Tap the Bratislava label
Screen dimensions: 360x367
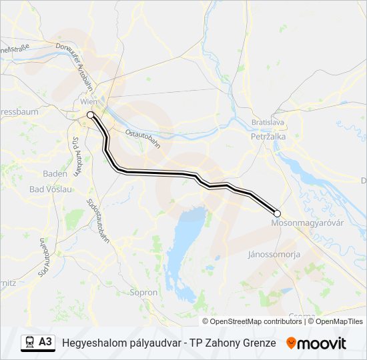click(268, 123)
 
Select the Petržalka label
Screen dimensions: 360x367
click(268, 137)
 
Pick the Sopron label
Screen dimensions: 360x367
click(143, 292)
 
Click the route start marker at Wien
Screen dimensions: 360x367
click(90, 115)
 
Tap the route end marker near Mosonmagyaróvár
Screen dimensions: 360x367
click(278, 213)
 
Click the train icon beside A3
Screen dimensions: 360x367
click(30, 343)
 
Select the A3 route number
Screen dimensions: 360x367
click(45, 342)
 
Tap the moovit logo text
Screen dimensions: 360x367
click(322, 343)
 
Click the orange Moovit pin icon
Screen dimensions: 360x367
click(291, 343)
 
